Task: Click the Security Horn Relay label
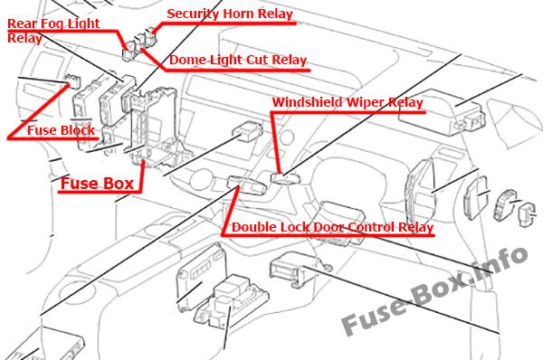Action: (230, 14)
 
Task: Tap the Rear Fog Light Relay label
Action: (53, 31)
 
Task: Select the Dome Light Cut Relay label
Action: (238, 60)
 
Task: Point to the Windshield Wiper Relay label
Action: (348, 102)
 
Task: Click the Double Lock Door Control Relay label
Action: (332, 227)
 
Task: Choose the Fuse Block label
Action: (61, 130)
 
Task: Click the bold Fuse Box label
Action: (97, 184)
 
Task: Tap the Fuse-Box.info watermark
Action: (434, 290)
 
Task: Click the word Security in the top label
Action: (194, 14)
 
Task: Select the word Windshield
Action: (308, 102)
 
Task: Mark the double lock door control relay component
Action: (246, 185)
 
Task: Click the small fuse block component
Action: (73, 81)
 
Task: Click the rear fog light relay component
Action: (129, 51)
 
